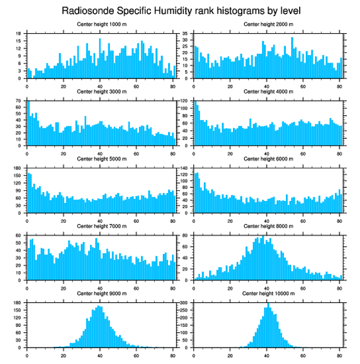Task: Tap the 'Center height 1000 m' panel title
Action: pyautogui.click(x=101, y=24)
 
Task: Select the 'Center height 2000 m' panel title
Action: pyautogui.click(x=268, y=24)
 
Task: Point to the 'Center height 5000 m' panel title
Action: pyautogui.click(x=101, y=159)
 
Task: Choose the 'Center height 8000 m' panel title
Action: pyautogui.click(x=268, y=226)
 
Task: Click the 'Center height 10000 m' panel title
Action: pyautogui.click(x=268, y=293)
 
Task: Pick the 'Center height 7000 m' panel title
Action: pyautogui.click(x=101, y=226)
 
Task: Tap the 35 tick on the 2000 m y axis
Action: pyautogui.click(x=186, y=34)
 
